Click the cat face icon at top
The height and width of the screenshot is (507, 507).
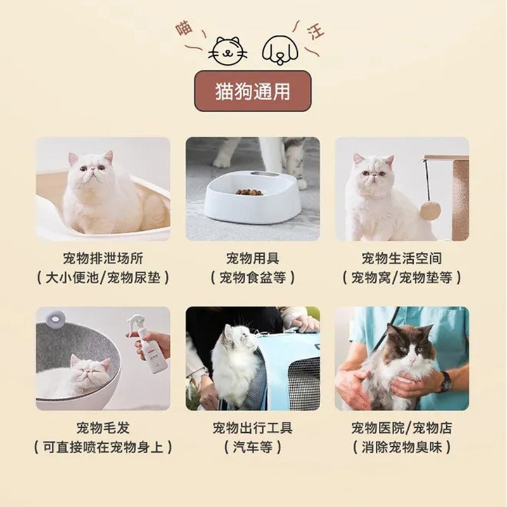(x=229, y=49)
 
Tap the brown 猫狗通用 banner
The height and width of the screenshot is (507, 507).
(x=253, y=91)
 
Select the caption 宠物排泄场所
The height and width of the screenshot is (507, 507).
(x=103, y=259)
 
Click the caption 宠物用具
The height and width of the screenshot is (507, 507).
(x=253, y=259)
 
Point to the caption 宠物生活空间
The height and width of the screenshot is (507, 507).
(x=402, y=259)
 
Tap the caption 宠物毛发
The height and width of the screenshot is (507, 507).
(x=103, y=428)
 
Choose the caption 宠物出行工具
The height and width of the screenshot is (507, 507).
(x=253, y=428)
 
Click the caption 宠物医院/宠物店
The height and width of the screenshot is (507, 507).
(x=402, y=428)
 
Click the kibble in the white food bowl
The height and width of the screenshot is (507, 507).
(x=249, y=191)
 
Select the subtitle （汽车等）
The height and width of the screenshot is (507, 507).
(x=253, y=447)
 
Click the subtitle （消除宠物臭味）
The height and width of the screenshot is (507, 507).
(x=402, y=447)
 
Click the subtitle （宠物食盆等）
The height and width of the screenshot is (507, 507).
(x=253, y=278)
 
